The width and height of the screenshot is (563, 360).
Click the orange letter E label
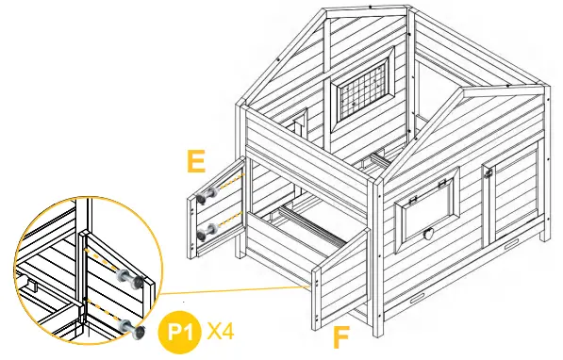click(195, 162)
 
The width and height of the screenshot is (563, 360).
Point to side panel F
click(337, 279)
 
